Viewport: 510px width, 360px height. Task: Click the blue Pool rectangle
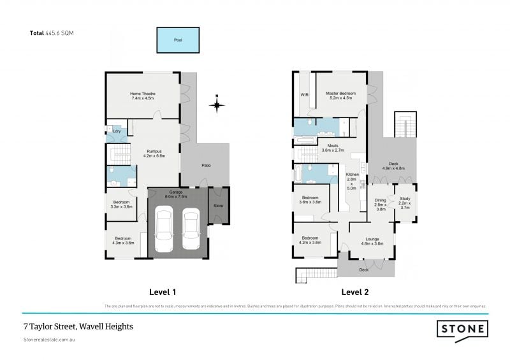coord(178,40)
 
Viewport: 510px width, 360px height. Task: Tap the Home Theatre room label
coord(143,96)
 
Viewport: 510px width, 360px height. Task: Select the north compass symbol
coord(217,104)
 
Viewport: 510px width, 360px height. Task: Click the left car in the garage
coord(164,230)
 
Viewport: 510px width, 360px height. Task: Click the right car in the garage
coord(191,230)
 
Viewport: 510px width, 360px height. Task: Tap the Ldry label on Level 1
coord(116,132)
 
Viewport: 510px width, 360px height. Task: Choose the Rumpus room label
coord(156,153)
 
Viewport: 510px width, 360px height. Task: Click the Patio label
coord(205,166)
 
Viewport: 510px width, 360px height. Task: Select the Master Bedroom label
coord(339,96)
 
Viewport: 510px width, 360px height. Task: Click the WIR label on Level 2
coord(304,96)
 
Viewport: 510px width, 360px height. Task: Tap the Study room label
coord(405,202)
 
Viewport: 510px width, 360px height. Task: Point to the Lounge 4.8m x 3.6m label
coord(372,241)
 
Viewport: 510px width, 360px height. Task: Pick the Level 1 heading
coord(163,292)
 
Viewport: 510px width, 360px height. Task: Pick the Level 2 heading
coord(355,292)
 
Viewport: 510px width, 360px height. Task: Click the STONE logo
coord(462,329)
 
